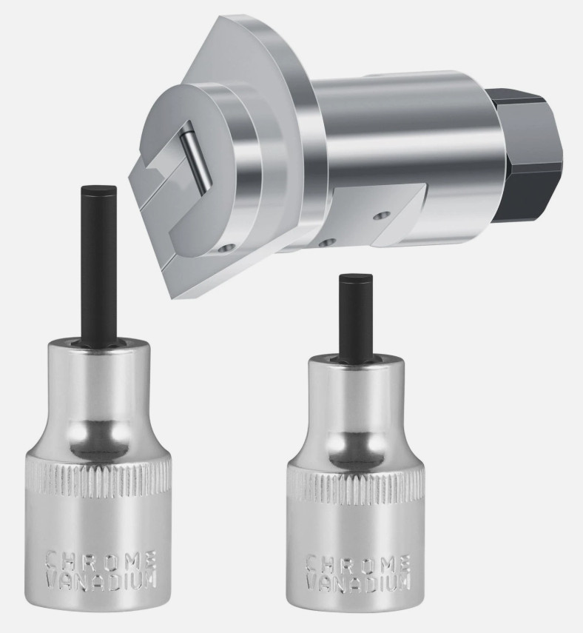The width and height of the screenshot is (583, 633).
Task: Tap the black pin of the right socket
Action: click(x=356, y=315)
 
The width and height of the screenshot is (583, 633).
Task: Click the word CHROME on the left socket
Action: click(x=101, y=560)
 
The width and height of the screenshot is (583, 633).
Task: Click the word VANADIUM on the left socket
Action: click(x=100, y=580)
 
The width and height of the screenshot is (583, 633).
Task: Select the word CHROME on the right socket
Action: click(x=359, y=563)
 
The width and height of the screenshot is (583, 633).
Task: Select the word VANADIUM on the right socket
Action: click(x=359, y=583)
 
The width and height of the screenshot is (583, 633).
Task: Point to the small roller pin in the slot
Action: click(x=195, y=158)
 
